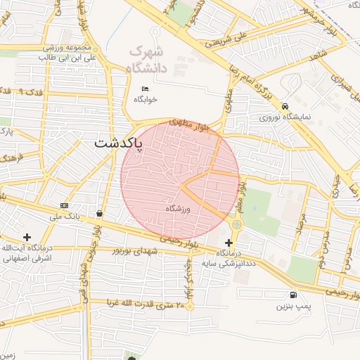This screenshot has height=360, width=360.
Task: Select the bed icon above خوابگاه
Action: click(x=146, y=89)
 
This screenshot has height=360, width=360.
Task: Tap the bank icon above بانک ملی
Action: click(x=65, y=205)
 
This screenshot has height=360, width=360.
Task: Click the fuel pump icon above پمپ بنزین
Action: click(x=292, y=295)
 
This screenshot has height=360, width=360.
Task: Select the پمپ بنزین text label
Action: click(x=292, y=307)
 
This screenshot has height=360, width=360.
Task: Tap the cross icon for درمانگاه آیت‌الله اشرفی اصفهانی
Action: click(x=27, y=237)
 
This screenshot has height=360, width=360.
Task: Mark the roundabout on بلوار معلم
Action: click(x=236, y=224)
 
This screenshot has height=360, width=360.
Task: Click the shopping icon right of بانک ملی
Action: click(x=99, y=212)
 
